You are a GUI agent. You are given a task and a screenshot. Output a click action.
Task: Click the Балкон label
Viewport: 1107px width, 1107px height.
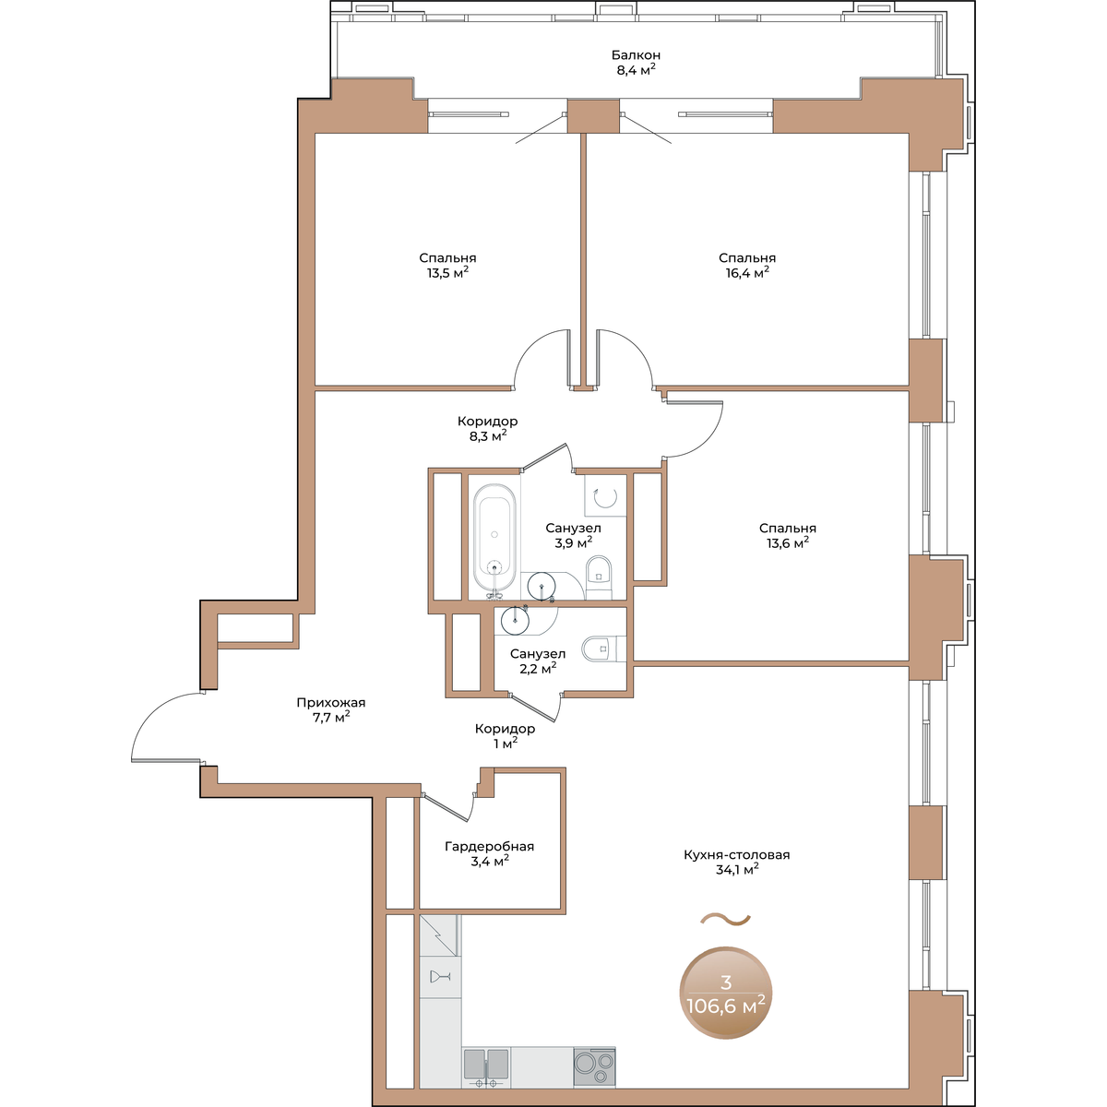636,55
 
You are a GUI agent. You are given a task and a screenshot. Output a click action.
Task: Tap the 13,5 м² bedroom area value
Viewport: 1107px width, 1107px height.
447,272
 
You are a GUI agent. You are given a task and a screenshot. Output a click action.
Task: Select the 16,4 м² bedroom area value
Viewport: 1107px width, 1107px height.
747,272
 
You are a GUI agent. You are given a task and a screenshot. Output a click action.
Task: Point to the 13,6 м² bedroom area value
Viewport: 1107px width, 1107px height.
788,542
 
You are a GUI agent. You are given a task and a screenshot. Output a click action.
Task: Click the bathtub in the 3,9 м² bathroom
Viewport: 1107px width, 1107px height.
494,537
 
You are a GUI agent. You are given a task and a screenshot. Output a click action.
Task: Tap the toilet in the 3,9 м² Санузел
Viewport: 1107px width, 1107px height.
599,577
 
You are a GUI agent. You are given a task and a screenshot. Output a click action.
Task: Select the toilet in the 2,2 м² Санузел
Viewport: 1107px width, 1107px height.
603,649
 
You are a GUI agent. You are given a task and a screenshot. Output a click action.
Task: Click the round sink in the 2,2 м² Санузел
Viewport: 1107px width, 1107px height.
515,620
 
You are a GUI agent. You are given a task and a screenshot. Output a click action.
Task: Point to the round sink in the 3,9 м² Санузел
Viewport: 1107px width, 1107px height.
542,587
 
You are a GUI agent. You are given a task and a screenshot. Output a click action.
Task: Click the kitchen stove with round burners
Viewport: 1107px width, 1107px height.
594,1066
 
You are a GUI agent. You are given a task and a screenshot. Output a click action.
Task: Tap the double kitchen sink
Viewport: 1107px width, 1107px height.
486,1067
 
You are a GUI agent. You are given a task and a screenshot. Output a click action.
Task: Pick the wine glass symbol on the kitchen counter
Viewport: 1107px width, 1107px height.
440,977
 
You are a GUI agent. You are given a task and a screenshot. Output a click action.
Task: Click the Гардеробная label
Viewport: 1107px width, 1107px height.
490,846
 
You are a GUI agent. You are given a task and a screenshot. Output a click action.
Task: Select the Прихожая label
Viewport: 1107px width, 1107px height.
331,703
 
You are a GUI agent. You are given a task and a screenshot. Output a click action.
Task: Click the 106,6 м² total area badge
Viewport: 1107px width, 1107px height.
726,993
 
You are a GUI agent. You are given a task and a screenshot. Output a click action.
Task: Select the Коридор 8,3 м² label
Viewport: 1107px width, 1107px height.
488,429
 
